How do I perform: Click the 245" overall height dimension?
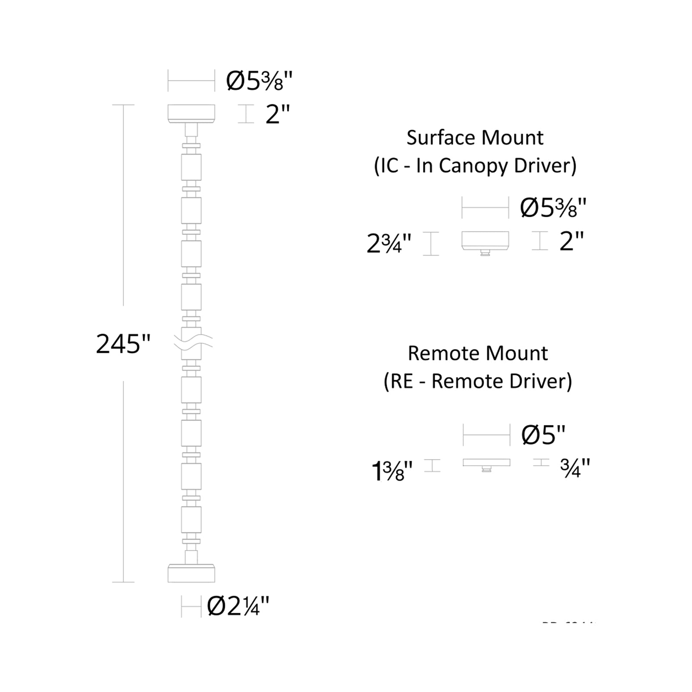pyautogui.click(x=123, y=344)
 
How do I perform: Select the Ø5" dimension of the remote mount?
pyautogui.click(x=544, y=434)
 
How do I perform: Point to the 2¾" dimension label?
pyautogui.click(x=389, y=243)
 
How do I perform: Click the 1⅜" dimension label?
pyautogui.click(x=392, y=471)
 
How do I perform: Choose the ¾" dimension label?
pyautogui.click(x=575, y=468)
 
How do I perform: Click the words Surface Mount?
pyautogui.click(x=475, y=138)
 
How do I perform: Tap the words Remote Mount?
pyautogui.click(x=477, y=353)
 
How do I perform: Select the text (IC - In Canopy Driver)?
pyautogui.click(x=475, y=166)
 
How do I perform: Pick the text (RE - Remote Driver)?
pyautogui.click(x=477, y=381)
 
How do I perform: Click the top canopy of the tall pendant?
pyautogui.click(x=191, y=113)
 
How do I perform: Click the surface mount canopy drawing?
pyautogui.click(x=485, y=241)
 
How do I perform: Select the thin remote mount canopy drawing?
pyautogui.click(x=487, y=463)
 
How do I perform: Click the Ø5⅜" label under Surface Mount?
pyautogui.click(x=553, y=208)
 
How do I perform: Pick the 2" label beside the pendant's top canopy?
pyautogui.click(x=277, y=115)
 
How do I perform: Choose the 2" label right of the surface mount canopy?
pyautogui.click(x=571, y=241)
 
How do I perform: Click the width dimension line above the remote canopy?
pyautogui.click(x=487, y=435)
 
